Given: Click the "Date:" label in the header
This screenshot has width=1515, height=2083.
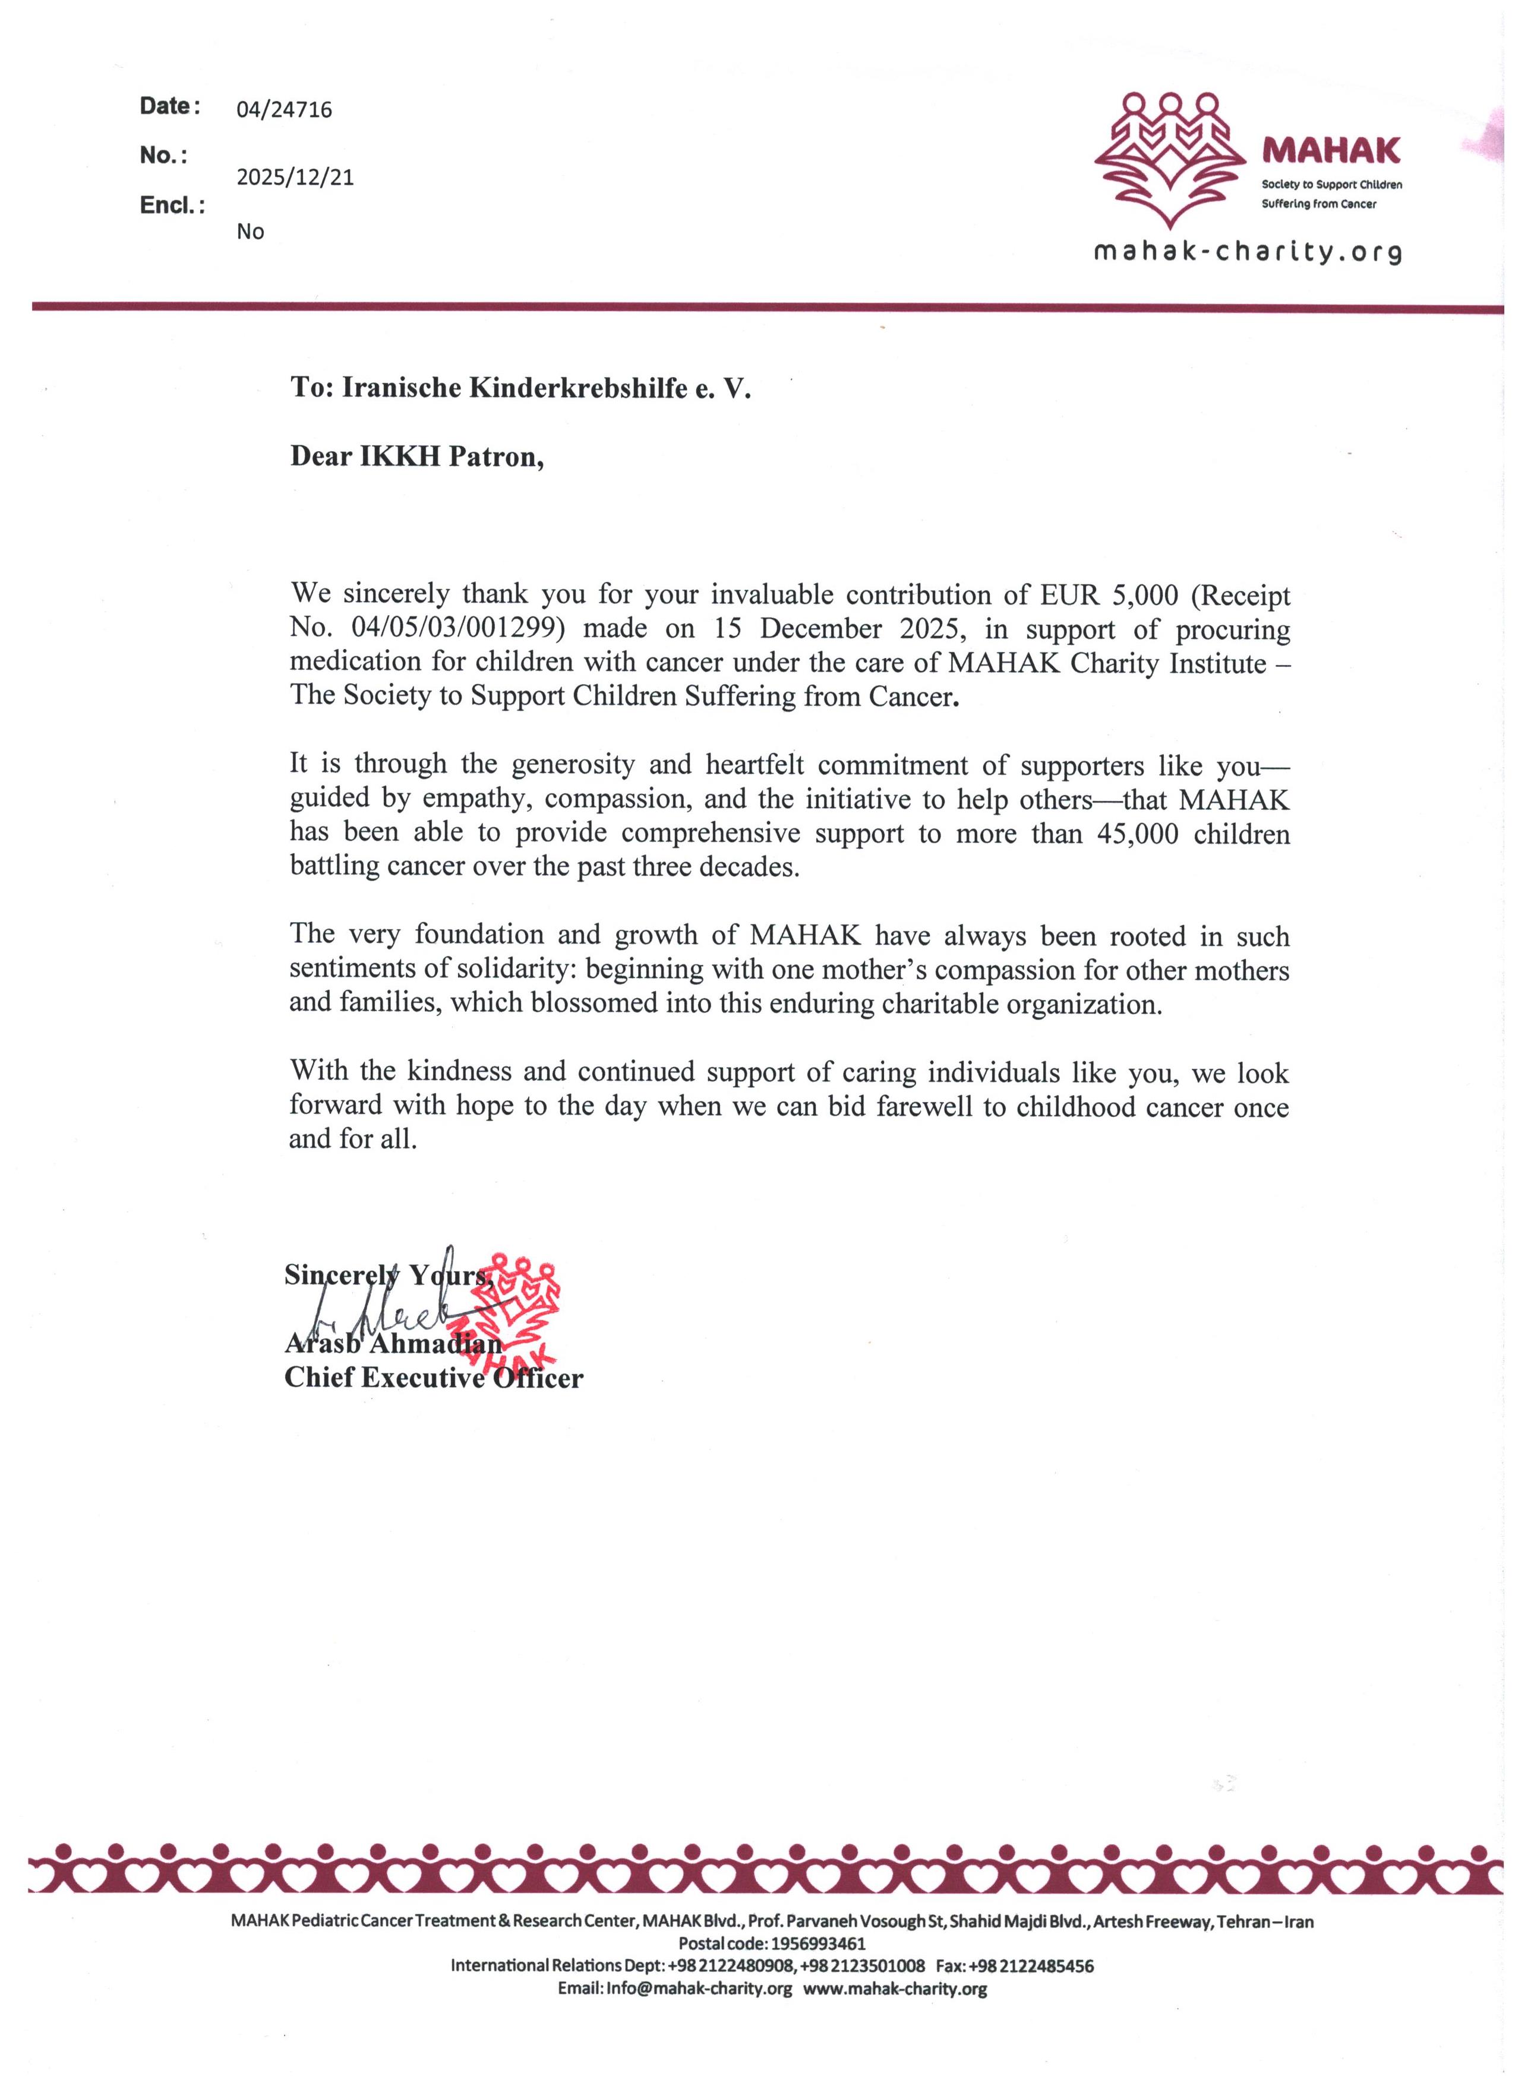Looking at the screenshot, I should [x=169, y=106].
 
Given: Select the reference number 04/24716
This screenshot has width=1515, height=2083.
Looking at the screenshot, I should [x=284, y=110].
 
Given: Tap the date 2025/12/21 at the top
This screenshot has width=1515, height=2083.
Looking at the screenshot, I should [x=295, y=178].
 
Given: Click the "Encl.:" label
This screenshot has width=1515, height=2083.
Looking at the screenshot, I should [x=172, y=205].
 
